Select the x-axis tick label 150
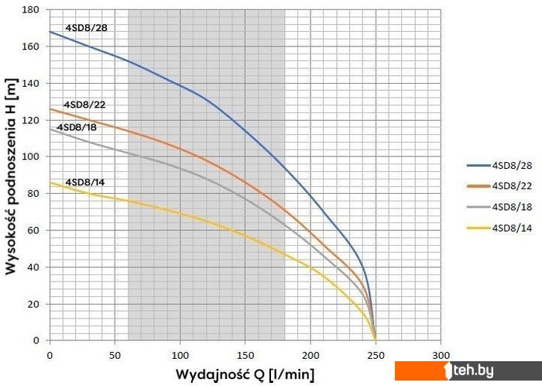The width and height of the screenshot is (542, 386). coord(245,353)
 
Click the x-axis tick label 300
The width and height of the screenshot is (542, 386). coord(441,353)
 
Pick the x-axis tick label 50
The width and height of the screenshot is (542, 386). coord(115,353)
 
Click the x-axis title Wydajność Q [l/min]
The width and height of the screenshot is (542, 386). coord(245,374)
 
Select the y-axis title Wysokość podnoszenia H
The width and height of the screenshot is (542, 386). coord(12,176)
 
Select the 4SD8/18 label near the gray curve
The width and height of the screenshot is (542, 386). coord(77,127)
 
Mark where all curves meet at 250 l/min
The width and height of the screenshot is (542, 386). coord(376,340)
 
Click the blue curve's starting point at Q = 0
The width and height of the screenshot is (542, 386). coord(50,32)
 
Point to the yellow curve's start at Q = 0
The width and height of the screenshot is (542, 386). coord(50,182)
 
